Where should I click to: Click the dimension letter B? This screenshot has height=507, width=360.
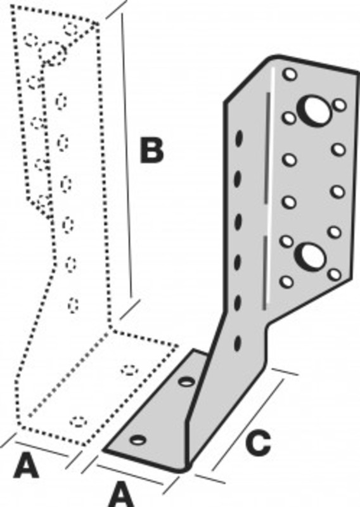(151, 150)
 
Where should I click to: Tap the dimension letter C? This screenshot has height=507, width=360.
(258, 442)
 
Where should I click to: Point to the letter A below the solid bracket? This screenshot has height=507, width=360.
(120, 494)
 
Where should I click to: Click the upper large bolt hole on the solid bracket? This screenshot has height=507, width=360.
(314, 110)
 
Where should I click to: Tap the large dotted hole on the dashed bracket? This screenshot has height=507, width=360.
(52, 53)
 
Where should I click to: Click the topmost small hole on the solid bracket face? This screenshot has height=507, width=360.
(290, 74)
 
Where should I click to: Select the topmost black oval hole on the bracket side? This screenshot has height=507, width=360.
(239, 138)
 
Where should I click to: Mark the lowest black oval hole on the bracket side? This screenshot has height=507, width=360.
(238, 343)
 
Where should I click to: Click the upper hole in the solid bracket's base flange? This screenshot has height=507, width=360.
(187, 382)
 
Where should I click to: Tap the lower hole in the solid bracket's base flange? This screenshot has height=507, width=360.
(138, 440)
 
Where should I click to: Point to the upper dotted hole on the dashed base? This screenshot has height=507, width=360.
(130, 370)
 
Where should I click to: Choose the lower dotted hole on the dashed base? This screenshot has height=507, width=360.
(79, 421)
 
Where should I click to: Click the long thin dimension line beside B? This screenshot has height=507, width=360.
(127, 155)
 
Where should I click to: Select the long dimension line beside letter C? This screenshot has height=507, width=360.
(248, 425)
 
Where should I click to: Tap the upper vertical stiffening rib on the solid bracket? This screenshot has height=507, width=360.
(267, 148)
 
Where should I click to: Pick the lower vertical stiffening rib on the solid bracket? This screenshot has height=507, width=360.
(265, 273)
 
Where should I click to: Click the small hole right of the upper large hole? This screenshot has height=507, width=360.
(340, 105)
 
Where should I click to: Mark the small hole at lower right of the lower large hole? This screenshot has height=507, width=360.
(335, 274)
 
